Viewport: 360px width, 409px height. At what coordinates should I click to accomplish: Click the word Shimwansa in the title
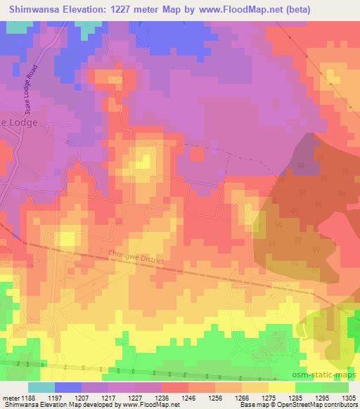[34, 9]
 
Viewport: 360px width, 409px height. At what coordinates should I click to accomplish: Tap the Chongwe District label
[136, 259]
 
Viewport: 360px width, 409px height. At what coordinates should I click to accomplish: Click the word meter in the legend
[11, 397]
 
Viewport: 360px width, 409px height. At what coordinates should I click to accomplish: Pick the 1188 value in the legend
[30, 397]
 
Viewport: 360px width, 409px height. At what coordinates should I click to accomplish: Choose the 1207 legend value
[84, 397]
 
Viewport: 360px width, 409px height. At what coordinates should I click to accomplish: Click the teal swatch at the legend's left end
[41, 387]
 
